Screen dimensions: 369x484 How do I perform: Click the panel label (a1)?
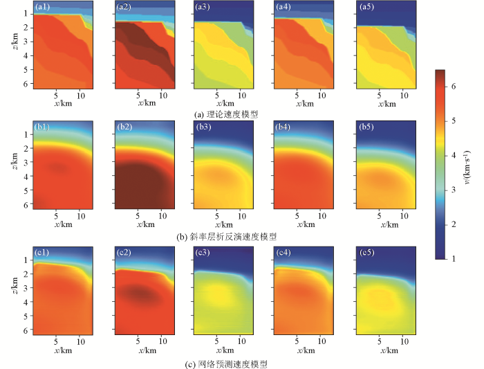tap(42, 7)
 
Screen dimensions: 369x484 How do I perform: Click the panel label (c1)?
tap(42, 251)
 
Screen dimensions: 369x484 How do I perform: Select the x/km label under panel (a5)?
tap(385, 104)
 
